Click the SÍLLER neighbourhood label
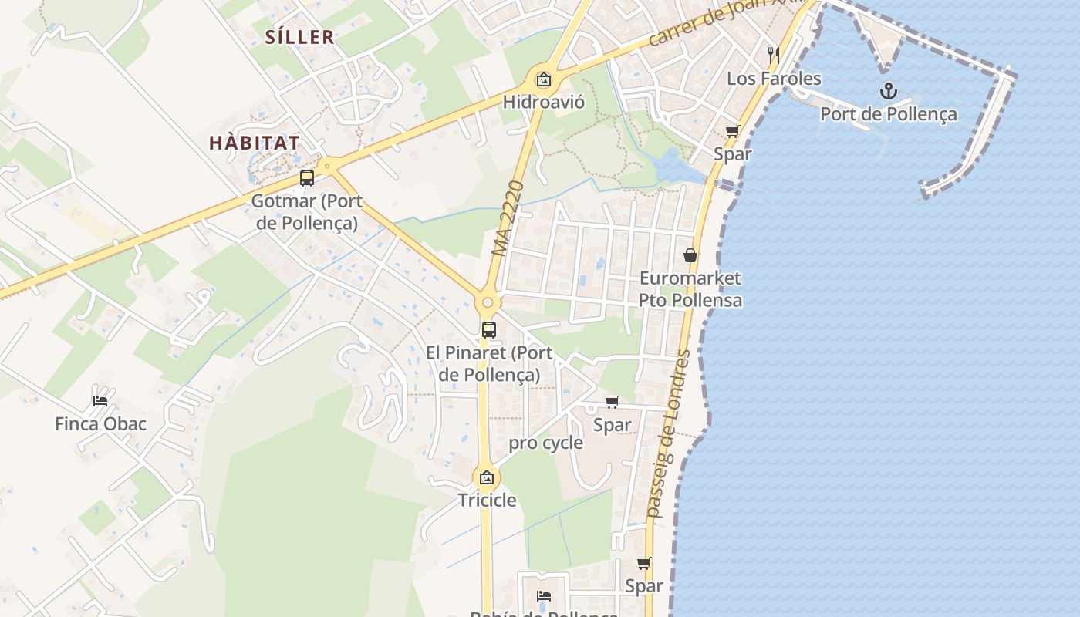[299, 37]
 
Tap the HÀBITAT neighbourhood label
[255, 143]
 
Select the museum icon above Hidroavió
[544, 79]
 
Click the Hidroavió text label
[544, 102]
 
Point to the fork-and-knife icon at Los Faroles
[775, 56]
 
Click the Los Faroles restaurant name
[775, 79]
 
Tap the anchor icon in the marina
[889, 92]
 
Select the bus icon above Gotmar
[307, 179]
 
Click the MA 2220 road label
[508, 219]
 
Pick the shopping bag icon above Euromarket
[690, 255]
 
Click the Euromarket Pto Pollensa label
[690, 289]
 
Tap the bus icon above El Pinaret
[489, 330]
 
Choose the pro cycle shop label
[546, 443]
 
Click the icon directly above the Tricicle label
[486, 477]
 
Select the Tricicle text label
[487, 500]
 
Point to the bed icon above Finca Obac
[100, 400]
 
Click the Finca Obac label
[100, 423]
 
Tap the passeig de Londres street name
[669, 433]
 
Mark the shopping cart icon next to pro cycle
[613, 402]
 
